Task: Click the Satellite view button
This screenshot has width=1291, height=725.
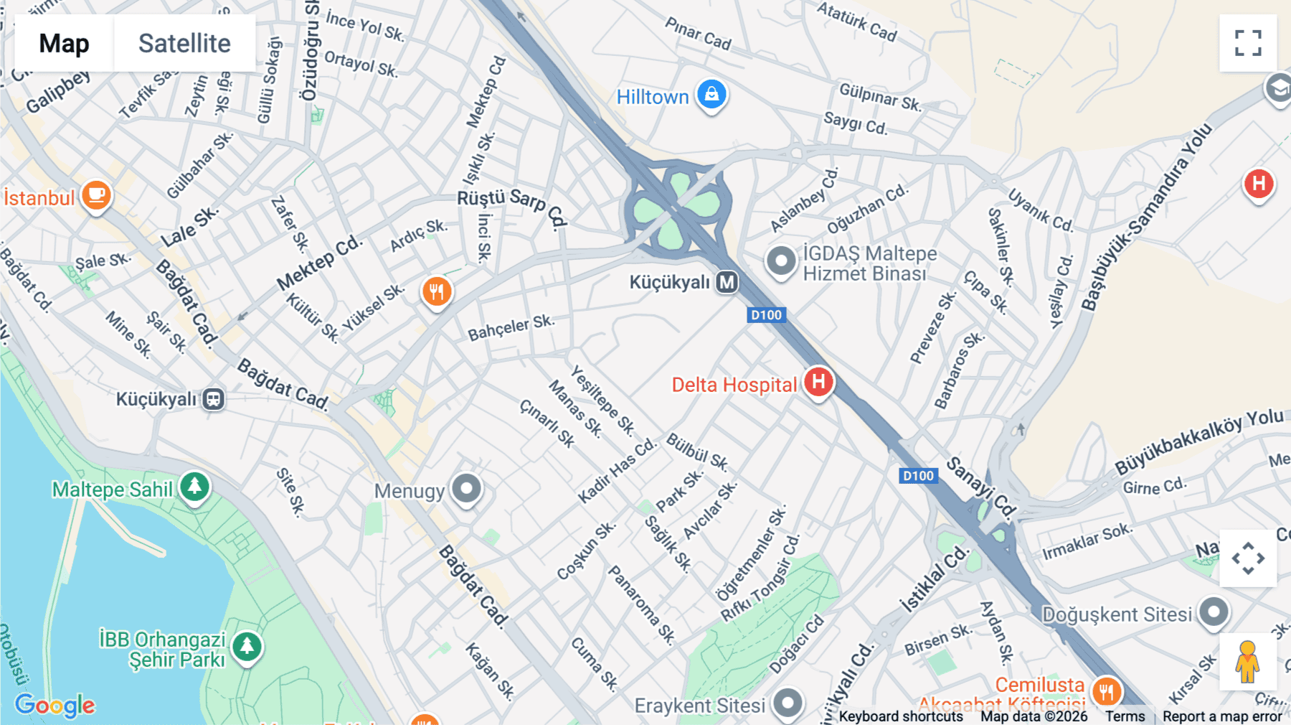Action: [x=184, y=43]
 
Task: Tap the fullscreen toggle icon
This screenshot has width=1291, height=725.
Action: [x=1248, y=43]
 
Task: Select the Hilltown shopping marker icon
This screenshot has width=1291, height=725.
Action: [x=711, y=94]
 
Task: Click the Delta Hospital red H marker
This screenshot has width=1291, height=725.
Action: [x=818, y=382]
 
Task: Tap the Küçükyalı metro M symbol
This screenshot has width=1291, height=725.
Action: [x=727, y=282]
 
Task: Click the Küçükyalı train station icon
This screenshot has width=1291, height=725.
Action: [x=213, y=399]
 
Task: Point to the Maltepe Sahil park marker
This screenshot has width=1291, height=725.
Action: [x=194, y=487]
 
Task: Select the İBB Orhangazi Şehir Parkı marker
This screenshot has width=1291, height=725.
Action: [x=247, y=646]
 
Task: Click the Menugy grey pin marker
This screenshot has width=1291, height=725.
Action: [x=467, y=489]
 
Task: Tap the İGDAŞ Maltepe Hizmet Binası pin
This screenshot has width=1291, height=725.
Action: [x=781, y=261]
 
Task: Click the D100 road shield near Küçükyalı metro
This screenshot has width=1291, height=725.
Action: [x=766, y=315]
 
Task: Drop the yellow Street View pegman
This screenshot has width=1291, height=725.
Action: [x=1247, y=662]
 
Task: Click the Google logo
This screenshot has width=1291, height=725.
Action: [x=55, y=705]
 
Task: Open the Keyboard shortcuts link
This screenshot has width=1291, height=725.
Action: [x=900, y=716]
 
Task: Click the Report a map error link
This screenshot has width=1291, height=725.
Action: [x=1221, y=716]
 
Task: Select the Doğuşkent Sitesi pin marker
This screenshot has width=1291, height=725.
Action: [x=1214, y=612]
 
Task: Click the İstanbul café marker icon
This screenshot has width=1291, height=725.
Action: [x=96, y=194]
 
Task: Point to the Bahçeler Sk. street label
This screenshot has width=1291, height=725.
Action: [x=511, y=327]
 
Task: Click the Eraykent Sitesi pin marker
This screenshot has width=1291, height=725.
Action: [x=788, y=703]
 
